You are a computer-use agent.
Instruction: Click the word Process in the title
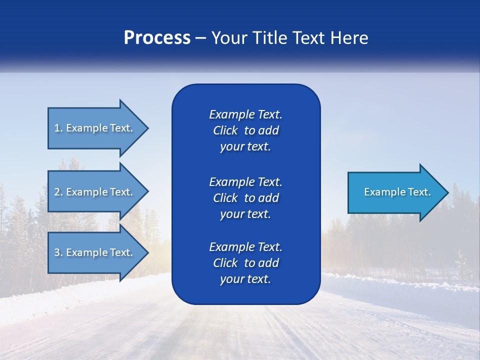[x=157, y=38]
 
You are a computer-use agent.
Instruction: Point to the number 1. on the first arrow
[x=58, y=128]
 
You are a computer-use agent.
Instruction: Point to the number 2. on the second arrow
[x=58, y=192]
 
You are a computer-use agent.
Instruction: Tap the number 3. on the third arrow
[x=58, y=252]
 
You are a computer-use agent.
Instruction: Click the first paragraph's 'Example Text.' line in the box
[x=245, y=114]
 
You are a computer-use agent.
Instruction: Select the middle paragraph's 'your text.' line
[x=245, y=214]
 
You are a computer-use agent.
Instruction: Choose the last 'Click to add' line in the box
[x=245, y=263]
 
